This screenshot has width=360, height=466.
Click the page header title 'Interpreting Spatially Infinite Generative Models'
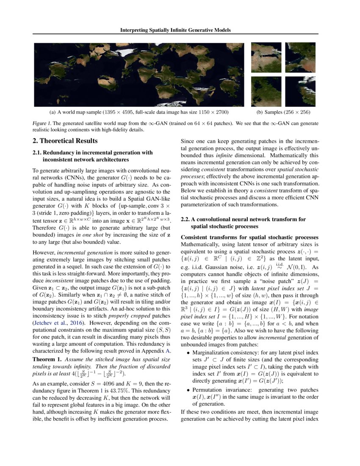pyautogui.click(x=180, y=30)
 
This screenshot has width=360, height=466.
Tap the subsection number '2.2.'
pyautogui.click(x=186, y=219)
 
